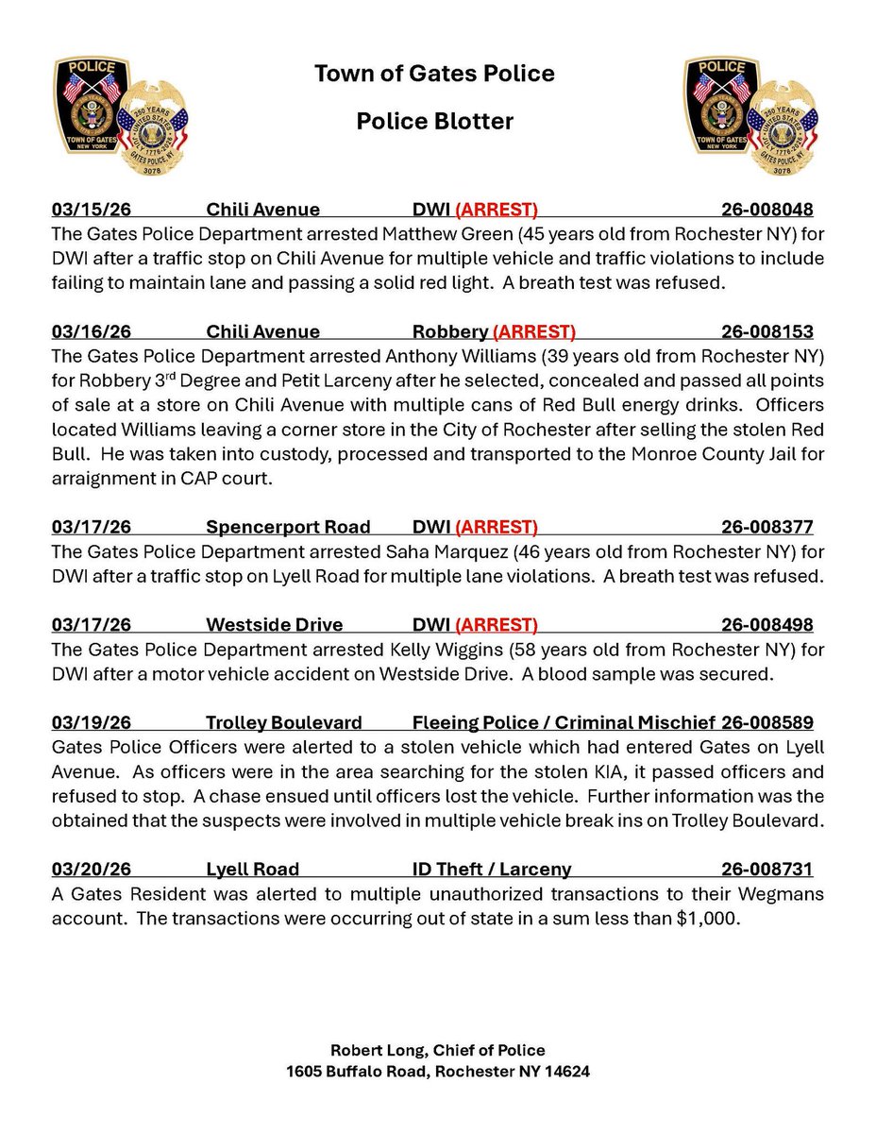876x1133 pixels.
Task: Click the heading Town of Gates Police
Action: [434, 73]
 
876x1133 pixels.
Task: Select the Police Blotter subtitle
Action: [434, 122]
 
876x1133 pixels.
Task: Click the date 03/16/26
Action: [90, 331]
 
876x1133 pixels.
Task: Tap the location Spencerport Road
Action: [288, 527]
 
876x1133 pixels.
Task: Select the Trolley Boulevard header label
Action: [284, 723]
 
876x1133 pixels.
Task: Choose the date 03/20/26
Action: [90, 870]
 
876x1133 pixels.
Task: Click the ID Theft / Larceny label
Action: [491, 870]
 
